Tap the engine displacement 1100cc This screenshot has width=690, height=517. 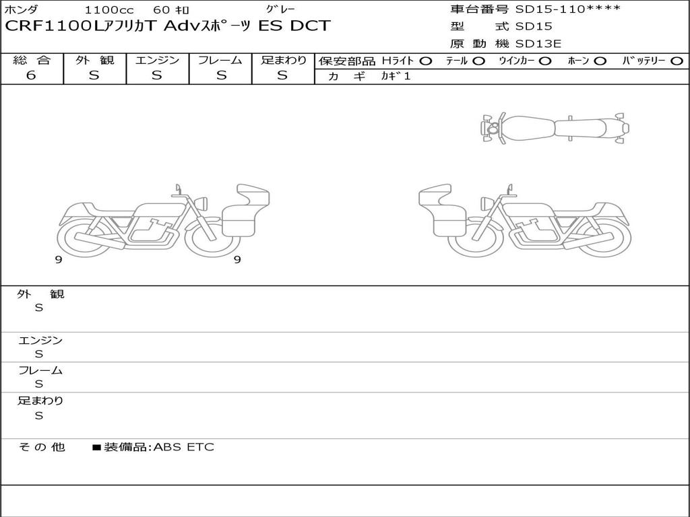pos(109,9)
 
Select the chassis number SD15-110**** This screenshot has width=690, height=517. pos(567,9)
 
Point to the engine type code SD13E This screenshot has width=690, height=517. pos(538,44)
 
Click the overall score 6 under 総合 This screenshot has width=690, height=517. pos(31,75)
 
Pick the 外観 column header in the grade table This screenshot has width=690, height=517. pos(94,60)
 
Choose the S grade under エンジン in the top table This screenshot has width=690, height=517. pos(157,75)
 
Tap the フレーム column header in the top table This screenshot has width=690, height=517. pos(220,60)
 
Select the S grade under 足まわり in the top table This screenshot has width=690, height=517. pos(282,75)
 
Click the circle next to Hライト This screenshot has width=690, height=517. pos(426,61)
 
